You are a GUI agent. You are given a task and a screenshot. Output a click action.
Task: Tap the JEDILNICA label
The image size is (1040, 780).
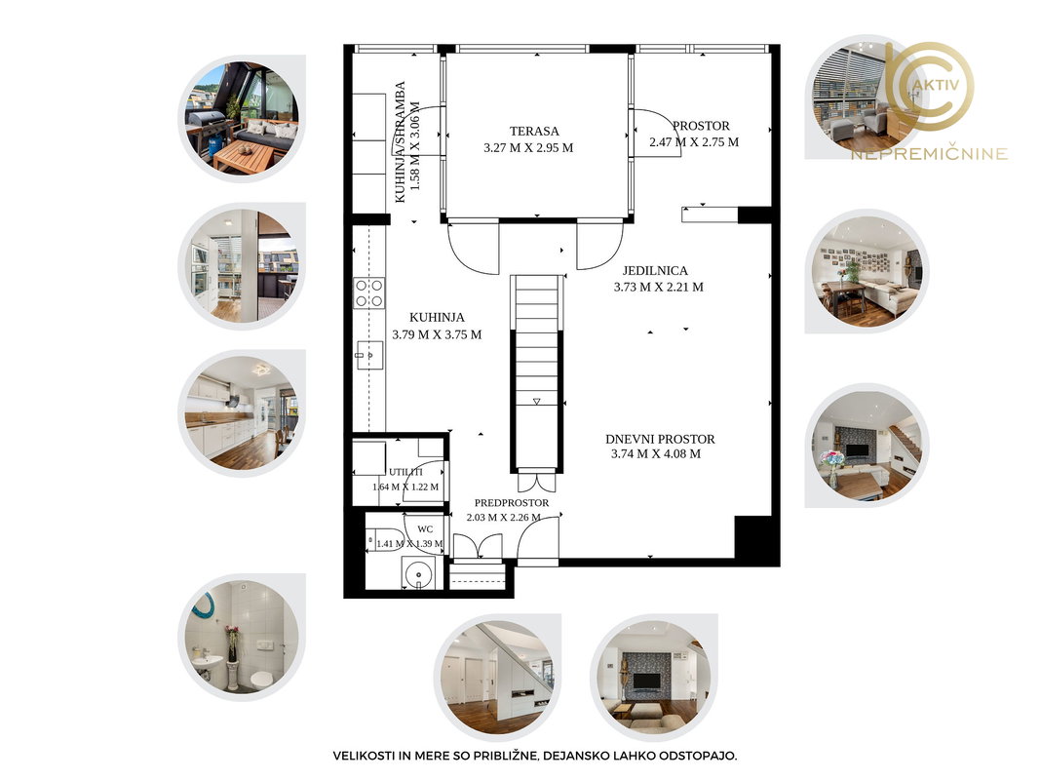coord(655,271)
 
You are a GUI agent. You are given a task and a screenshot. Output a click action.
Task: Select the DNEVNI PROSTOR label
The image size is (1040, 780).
coord(660,439)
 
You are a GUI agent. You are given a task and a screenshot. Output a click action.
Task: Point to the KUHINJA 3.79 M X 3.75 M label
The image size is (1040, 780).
coord(437,326)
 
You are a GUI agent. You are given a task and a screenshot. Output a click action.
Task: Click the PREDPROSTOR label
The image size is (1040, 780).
coord(512,503)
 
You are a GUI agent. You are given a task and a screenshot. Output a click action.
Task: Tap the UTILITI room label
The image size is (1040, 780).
coord(405,472)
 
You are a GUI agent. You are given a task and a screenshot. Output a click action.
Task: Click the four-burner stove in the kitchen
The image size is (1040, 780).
coord(368,293)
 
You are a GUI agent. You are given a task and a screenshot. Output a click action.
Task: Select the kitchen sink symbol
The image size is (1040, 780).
coord(368,356)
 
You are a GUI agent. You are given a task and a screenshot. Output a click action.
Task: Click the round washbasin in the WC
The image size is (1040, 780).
coord(418,571)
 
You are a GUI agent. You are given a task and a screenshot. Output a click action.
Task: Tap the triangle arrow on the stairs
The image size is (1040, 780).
coord(537,402)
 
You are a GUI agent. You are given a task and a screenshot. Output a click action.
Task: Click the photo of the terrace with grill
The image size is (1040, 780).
coord(242,118)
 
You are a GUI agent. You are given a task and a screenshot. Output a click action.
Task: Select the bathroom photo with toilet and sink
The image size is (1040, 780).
coord(242,637)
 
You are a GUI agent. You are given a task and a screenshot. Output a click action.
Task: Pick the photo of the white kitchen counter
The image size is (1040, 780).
coord(242,413)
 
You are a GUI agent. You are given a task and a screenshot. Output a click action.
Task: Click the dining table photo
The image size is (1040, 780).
coord(867,271)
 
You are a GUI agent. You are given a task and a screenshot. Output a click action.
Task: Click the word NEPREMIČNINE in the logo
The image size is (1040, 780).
coord(929,154)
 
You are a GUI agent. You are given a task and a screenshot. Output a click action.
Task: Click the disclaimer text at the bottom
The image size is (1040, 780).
coord(534,756)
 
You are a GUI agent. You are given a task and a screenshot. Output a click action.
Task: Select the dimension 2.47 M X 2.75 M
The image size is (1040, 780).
coord(694,142)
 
